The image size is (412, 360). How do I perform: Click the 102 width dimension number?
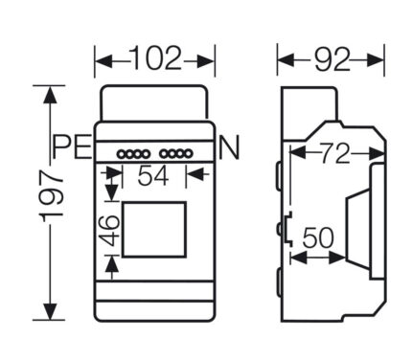point(156,58)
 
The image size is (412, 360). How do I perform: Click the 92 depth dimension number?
point(332,59)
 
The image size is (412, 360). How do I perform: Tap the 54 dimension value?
point(153,176)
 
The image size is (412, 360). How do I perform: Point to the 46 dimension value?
point(108,231)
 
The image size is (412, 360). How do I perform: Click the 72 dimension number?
point(335,154)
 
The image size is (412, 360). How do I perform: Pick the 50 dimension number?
point(318,237)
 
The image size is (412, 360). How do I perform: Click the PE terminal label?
point(72,146)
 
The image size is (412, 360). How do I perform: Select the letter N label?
point(229,147)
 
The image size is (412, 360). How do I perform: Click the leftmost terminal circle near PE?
point(122,154)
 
